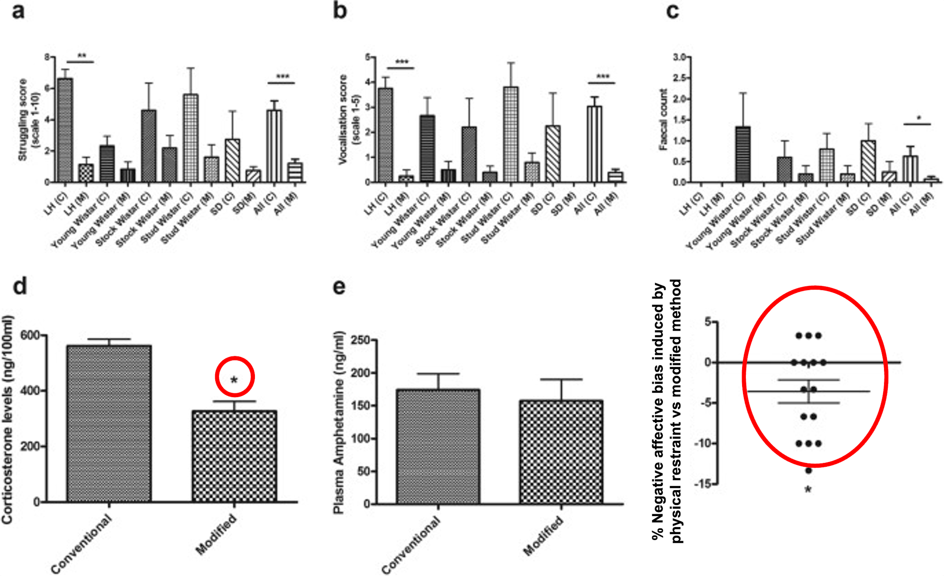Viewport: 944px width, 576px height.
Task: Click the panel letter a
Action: (18, 11)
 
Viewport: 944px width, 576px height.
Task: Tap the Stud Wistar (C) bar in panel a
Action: (191, 138)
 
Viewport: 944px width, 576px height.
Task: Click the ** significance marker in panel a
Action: (82, 56)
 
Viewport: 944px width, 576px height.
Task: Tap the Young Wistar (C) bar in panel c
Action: (743, 154)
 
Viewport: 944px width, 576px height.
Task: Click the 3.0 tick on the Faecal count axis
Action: (679, 57)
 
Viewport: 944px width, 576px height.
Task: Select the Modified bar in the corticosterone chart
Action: (234, 456)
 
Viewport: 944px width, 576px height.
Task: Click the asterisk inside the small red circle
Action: (234, 380)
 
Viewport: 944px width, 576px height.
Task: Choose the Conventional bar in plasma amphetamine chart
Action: (438, 446)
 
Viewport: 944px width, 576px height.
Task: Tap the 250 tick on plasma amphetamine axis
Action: (361, 340)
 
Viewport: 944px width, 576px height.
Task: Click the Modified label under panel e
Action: (543, 535)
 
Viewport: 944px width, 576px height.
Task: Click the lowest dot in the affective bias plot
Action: (808, 470)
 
